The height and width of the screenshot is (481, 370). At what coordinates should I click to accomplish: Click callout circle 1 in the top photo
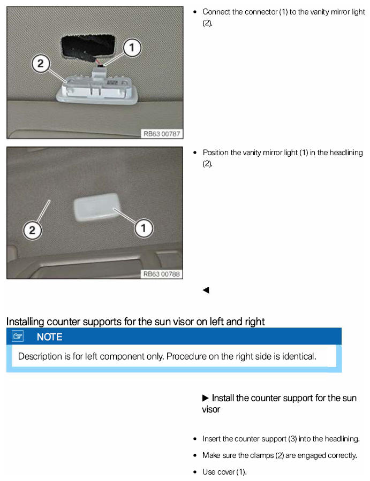[132, 48]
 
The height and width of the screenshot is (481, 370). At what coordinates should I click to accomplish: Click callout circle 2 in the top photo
[41, 64]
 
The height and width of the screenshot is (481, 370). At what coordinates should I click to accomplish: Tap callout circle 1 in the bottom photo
[144, 228]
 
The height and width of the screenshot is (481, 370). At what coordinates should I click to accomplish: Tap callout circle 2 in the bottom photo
[32, 230]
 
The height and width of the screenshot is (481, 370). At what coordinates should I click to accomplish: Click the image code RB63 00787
[162, 134]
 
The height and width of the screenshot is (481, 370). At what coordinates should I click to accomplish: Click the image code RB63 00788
[162, 274]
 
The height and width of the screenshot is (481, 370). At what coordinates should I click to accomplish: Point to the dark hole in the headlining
[88, 46]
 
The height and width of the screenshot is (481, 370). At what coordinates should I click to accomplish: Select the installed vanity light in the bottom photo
[97, 207]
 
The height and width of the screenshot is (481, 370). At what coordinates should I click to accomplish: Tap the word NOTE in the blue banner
[49, 337]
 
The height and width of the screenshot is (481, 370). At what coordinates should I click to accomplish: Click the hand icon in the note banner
[18, 336]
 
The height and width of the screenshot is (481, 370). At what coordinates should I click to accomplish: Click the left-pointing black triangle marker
[206, 290]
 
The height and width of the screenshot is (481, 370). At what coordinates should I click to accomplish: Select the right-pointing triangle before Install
[206, 398]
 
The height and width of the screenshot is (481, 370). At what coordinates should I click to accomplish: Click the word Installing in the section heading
[25, 322]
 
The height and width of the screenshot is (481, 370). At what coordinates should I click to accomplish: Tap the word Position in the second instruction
[216, 152]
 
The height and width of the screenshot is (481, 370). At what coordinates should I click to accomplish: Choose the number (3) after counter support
[292, 439]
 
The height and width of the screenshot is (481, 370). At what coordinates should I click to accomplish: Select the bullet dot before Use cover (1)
[195, 472]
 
